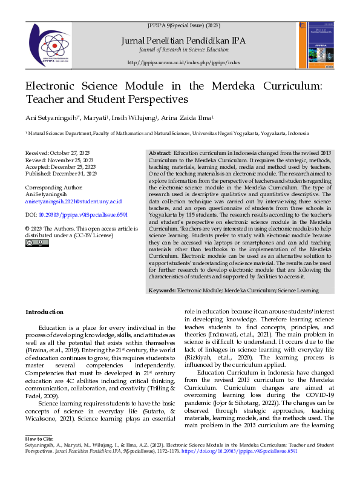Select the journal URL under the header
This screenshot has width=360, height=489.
pyautogui.click(x=183, y=62)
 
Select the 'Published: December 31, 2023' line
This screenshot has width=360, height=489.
pyautogui.click(x=61, y=173)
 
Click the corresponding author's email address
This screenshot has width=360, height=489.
pyautogui.click(x=73, y=202)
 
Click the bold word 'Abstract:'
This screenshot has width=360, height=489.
pyautogui.click(x=160, y=153)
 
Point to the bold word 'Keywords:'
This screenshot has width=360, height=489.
pyautogui.click(x=162, y=290)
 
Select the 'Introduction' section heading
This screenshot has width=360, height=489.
pyautogui.click(x=44, y=312)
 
